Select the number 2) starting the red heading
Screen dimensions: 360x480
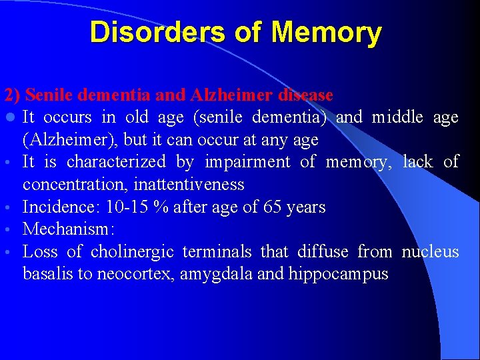11,95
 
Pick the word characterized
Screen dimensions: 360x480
116,162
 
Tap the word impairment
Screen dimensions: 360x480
247,162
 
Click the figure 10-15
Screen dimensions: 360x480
126,207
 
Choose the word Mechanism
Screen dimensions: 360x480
67,229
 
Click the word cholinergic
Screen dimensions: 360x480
132,252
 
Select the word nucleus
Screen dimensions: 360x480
430,252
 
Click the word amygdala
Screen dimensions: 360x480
223,274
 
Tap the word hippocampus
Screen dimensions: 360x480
338,274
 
